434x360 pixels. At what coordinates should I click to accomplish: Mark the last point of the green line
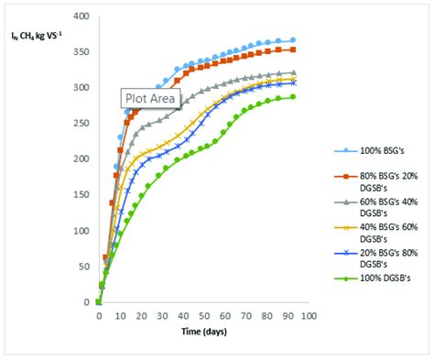(x=293, y=97)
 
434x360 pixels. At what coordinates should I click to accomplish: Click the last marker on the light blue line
(x=293, y=40)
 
